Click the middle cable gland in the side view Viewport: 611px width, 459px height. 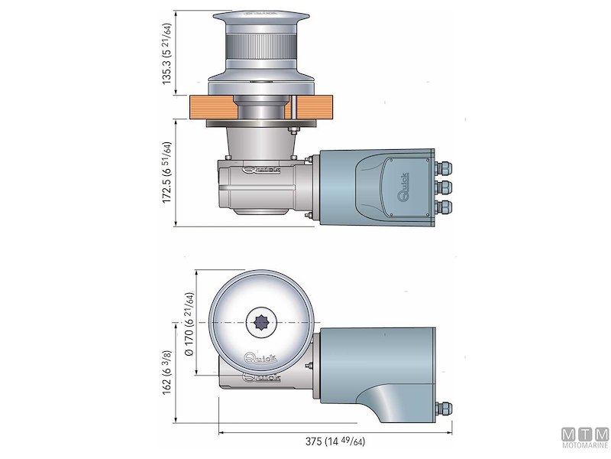(x=443, y=186)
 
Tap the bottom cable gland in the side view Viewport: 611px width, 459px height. (x=443, y=207)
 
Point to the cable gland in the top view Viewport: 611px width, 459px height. (x=443, y=409)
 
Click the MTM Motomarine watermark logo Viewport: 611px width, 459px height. (x=584, y=438)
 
